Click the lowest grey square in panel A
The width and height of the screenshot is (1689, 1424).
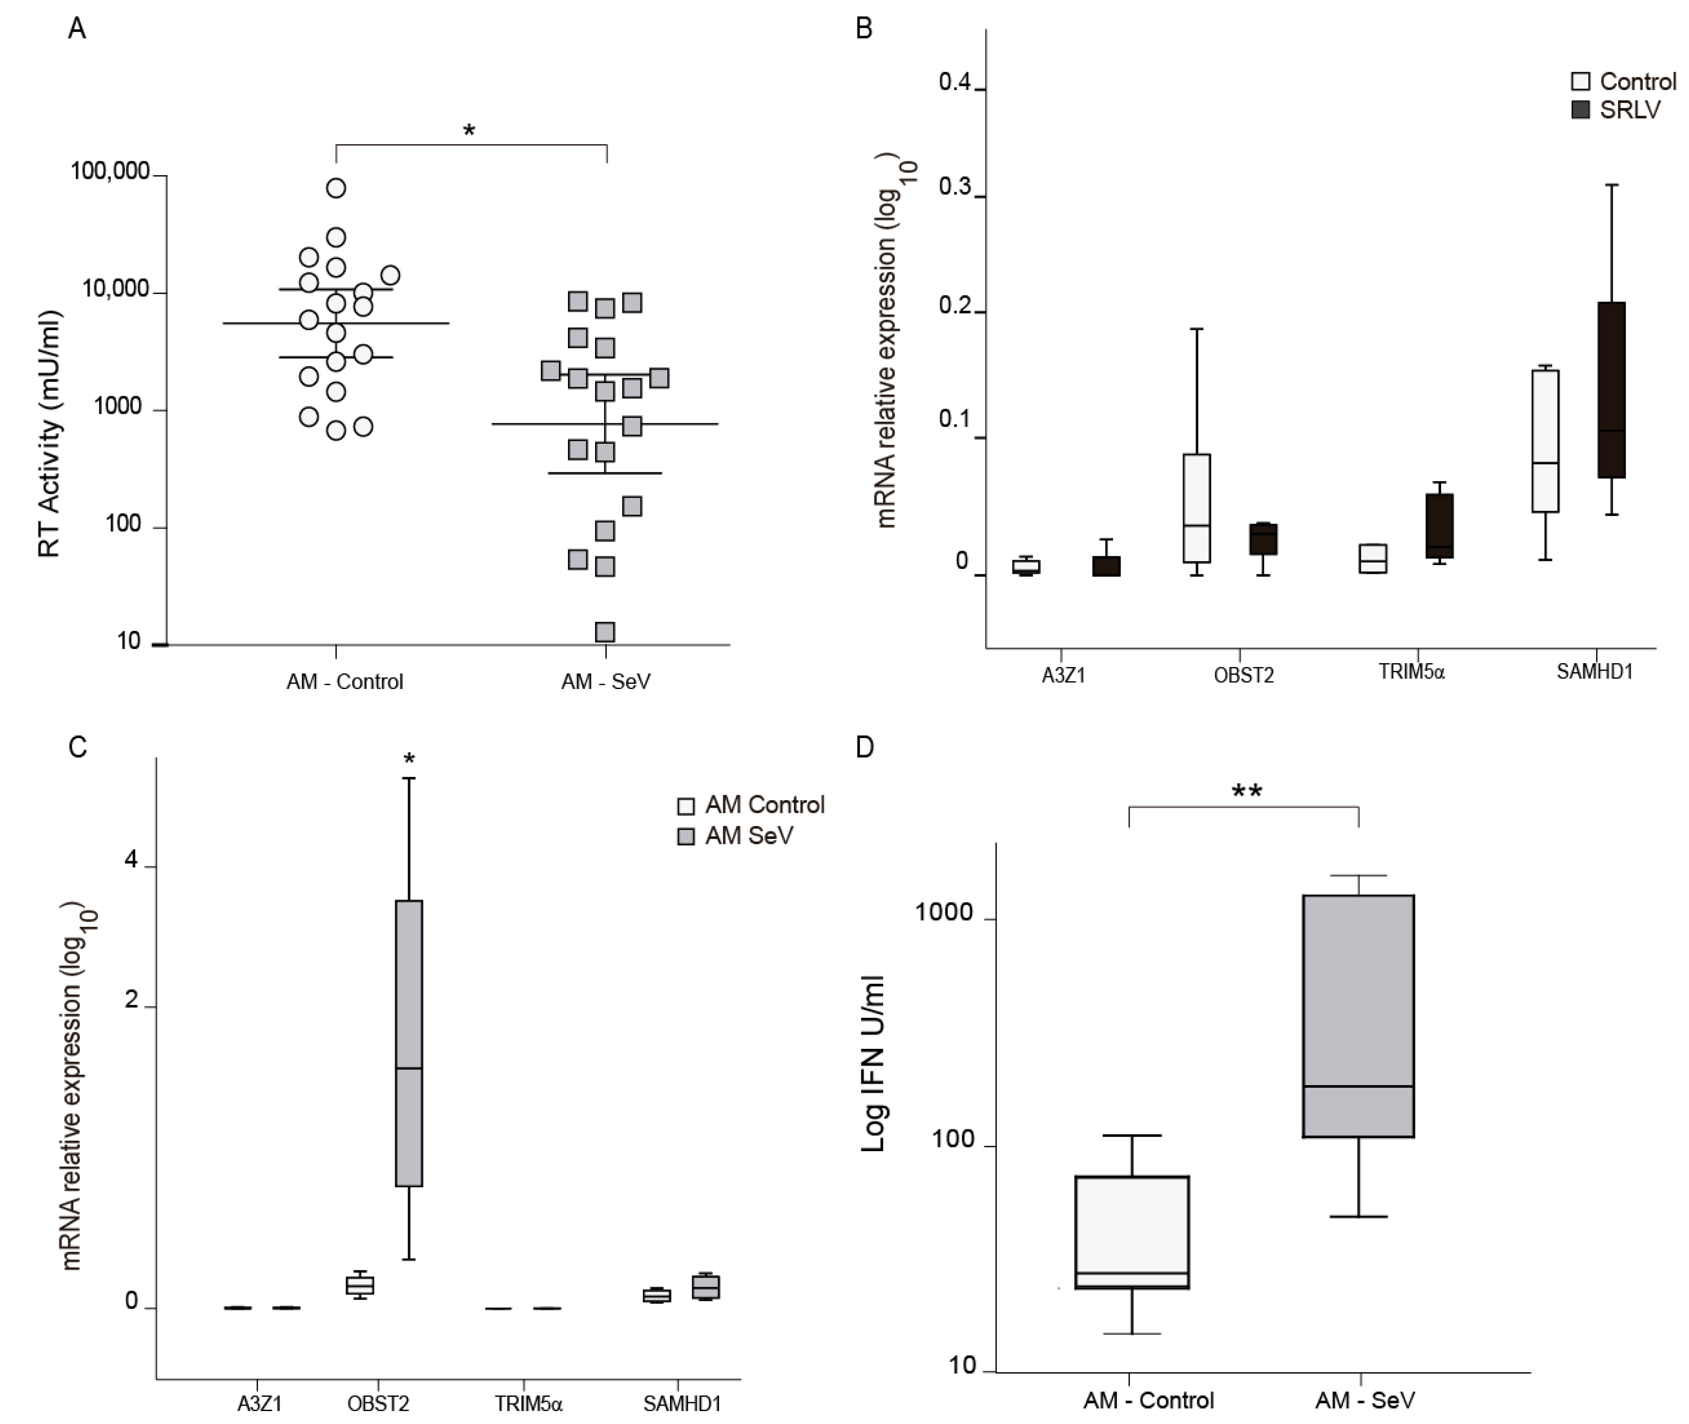point(604,631)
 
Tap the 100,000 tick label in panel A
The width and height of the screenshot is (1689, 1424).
point(111,171)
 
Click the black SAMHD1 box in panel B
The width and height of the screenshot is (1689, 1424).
point(1611,390)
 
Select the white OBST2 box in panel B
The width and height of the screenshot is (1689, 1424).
point(1197,508)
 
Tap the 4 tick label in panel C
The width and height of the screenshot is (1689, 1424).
point(132,860)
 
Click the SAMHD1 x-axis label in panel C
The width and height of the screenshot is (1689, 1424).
point(682,1404)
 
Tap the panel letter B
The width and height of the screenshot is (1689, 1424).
point(863,29)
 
